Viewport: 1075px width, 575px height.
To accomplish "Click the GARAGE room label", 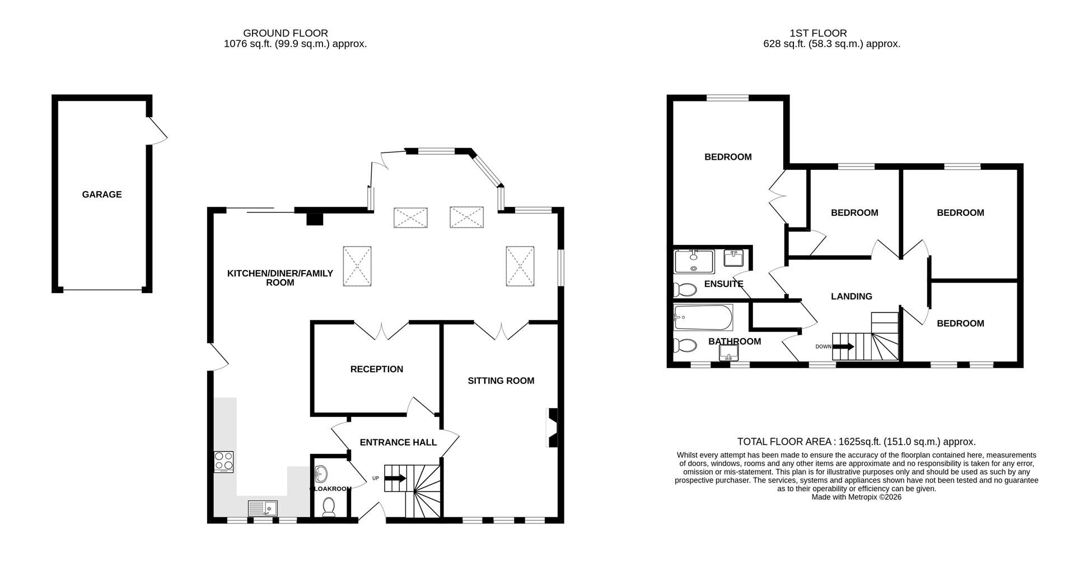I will [101, 194].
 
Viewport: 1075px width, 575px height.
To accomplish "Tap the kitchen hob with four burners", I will [223, 462].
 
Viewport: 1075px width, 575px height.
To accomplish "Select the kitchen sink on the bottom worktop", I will [263, 508].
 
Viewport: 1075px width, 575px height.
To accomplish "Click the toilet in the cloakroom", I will [329, 507].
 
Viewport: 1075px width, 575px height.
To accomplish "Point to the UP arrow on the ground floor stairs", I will [395, 478].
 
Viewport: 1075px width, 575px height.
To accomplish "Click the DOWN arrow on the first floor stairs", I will [843, 346].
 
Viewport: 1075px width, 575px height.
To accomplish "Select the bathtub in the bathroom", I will [703, 318].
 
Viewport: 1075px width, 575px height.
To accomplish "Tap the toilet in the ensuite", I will [684, 290].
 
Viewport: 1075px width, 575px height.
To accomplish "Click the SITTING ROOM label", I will [501, 381].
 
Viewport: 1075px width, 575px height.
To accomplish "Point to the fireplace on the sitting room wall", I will [552, 428].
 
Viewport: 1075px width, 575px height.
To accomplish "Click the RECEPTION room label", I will [376, 369].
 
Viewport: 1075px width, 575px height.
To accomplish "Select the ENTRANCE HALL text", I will [398, 442].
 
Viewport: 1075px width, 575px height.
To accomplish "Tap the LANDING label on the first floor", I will [851, 296].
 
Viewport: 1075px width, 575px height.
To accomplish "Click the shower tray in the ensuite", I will [694, 261].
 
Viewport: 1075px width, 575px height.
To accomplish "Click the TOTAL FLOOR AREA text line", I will [856, 442].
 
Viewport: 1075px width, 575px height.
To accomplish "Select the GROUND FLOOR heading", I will [286, 33].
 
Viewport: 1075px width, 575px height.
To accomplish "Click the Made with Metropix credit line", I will [856, 497].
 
